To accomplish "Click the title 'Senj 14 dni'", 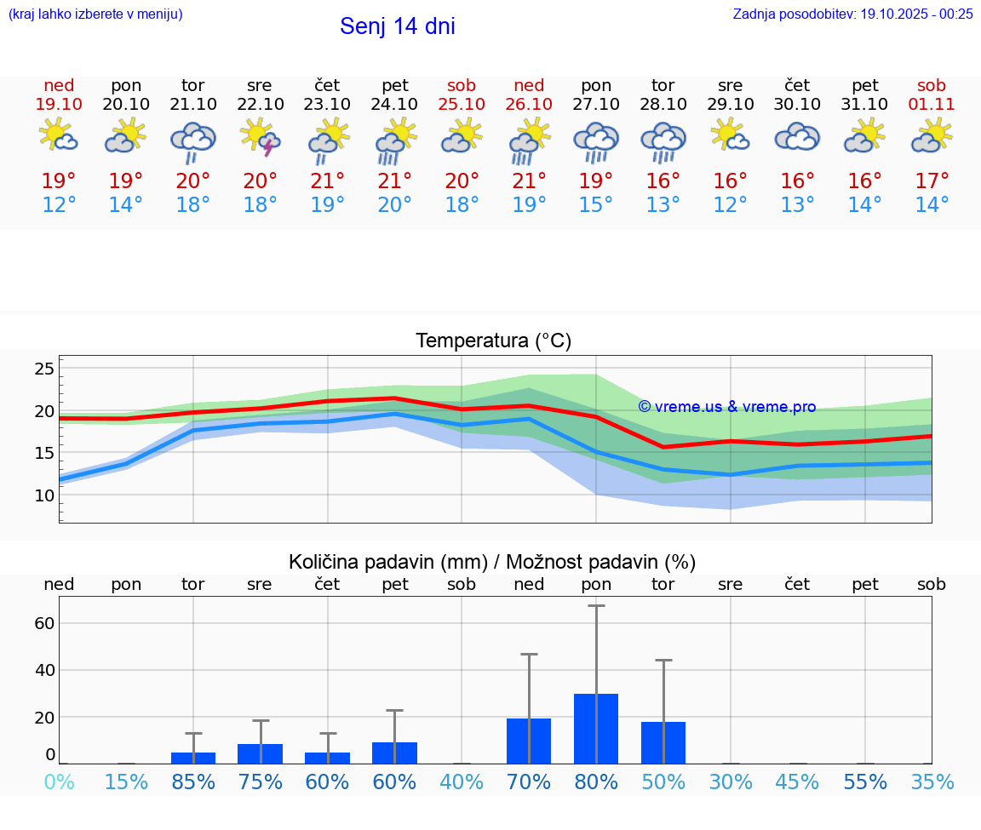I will pos(397,26).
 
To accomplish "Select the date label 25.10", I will pos(462,104).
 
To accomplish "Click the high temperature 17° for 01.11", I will pos(932,180).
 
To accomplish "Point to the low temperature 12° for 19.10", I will pos(59,204).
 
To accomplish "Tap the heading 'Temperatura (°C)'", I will pos(493,341).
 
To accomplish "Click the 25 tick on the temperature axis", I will pos(44,369).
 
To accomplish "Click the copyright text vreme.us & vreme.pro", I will pos(726,407).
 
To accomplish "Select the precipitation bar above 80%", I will pos(596,729).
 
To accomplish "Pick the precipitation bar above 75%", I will pos(261,753).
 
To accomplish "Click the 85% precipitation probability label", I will pos(193,782).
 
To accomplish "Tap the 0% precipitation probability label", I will pos(59,782).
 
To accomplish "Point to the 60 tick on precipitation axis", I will pos(44,623).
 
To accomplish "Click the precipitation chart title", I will pos(492,562).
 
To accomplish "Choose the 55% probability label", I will pos(865,782).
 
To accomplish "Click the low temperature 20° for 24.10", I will pos(394,204).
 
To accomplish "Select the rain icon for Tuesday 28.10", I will pos(663,141).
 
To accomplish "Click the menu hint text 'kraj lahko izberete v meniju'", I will pos(95,14).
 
